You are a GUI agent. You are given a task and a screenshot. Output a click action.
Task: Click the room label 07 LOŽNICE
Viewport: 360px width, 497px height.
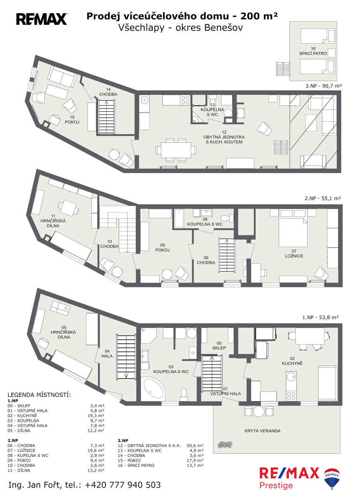pyautogui.click(x=294, y=253)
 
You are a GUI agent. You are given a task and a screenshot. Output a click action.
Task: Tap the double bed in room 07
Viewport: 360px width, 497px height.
pyautogui.click(x=293, y=232)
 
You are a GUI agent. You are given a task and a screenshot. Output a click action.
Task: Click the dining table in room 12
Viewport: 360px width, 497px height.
pyautogui.click(x=176, y=150)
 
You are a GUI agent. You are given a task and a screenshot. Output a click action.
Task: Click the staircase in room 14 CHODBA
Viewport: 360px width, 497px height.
pyautogui.click(x=106, y=117)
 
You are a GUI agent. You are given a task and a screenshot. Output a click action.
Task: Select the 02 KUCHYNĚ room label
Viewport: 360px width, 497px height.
pyautogui.click(x=292, y=361)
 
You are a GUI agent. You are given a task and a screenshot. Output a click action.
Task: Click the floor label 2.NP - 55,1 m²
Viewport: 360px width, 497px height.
pyautogui.click(x=323, y=198)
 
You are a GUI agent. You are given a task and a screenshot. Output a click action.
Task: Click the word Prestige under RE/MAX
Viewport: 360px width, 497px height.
pyautogui.click(x=276, y=485)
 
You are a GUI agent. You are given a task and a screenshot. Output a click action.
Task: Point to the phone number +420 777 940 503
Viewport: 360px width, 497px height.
pyautogui.click(x=123, y=485)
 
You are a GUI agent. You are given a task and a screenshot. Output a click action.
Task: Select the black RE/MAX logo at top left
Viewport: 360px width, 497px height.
pyautogui.click(x=41, y=19)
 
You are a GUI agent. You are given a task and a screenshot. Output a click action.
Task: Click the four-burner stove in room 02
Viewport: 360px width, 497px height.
pyautogui.click(x=291, y=396)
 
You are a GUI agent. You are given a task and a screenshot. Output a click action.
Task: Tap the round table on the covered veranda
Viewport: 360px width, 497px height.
pyautogui.click(x=259, y=411)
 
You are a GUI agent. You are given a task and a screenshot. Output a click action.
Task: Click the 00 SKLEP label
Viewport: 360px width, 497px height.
pyautogui.click(x=219, y=345)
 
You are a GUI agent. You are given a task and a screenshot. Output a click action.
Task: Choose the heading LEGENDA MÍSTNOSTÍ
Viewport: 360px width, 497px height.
pyautogui.click(x=39, y=395)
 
